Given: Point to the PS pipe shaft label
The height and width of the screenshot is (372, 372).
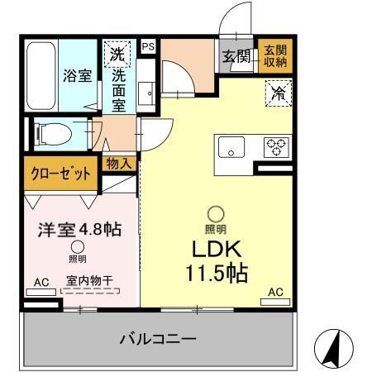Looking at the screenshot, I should (x=148, y=48).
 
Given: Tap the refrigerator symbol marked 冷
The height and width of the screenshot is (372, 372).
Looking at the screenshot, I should (x=279, y=92).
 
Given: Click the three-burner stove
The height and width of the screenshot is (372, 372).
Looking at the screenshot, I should (x=275, y=147).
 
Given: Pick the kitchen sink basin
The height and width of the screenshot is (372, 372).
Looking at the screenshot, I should (x=231, y=148).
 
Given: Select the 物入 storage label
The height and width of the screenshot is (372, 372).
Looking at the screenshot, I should (x=118, y=164).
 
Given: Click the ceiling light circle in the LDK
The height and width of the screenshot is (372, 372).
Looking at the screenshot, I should (x=215, y=212).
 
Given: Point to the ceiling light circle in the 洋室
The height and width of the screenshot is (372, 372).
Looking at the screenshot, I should (x=77, y=246).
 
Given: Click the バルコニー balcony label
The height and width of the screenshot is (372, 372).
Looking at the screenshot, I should (x=157, y=339).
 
